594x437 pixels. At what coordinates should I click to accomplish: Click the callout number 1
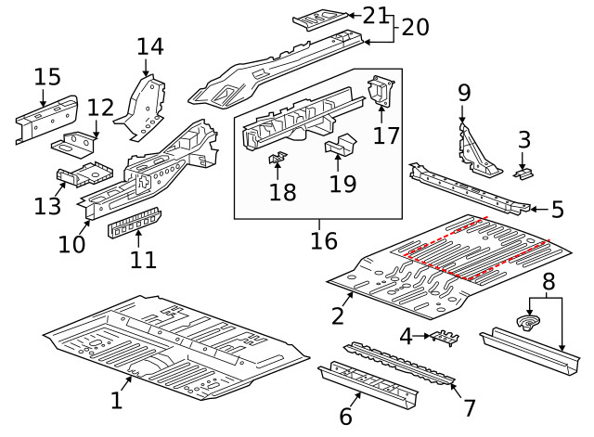pyautogui.click(x=116, y=400)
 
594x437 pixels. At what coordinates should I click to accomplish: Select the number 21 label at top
pyautogui.click(x=375, y=15)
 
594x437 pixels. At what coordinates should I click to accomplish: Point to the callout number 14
pyautogui.click(x=149, y=46)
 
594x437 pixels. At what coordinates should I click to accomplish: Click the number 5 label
pyautogui.click(x=557, y=210)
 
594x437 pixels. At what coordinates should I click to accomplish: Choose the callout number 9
pyautogui.click(x=464, y=92)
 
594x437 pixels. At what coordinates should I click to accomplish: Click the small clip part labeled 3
pyautogui.click(x=525, y=174)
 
